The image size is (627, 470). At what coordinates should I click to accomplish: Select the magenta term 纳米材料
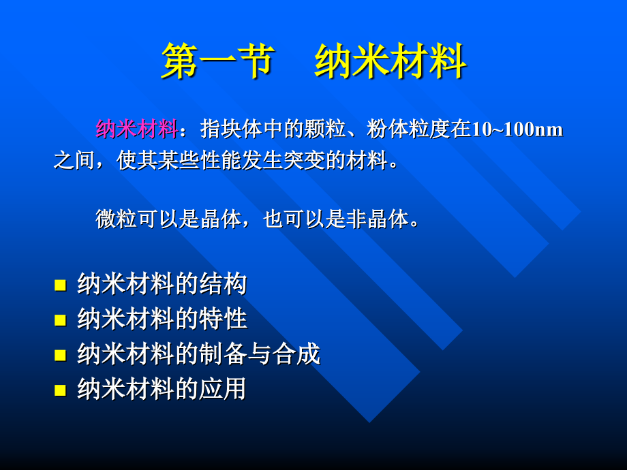(x=136, y=129)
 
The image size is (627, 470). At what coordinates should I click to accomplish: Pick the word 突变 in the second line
(x=305, y=162)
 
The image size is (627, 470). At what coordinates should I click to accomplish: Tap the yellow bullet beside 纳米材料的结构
(x=60, y=285)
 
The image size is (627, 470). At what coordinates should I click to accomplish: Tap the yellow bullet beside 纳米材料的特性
(x=60, y=320)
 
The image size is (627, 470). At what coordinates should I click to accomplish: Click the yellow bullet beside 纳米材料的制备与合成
(x=60, y=355)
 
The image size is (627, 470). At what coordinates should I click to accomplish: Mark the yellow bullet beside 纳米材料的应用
(x=60, y=390)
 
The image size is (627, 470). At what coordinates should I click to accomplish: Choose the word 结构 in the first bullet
(x=225, y=284)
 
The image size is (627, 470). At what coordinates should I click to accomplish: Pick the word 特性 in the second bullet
(x=225, y=319)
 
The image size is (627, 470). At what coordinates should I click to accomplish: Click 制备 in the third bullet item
(x=225, y=354)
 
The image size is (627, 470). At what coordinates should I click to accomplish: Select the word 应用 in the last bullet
(x=225, y=390)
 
